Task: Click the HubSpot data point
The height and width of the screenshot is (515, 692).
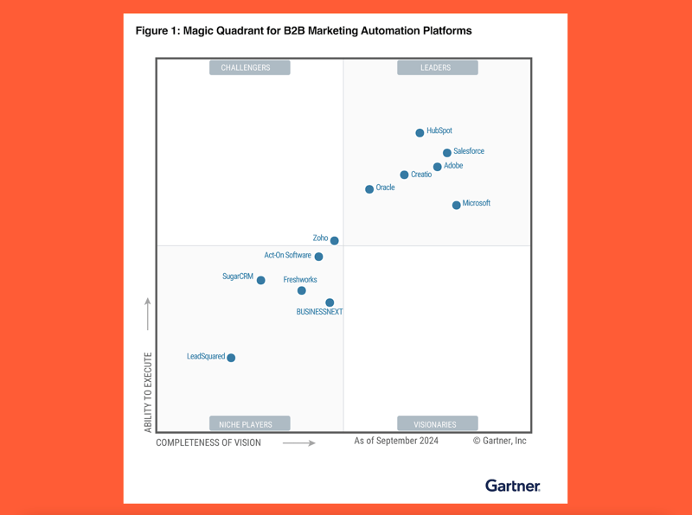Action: point(420,133)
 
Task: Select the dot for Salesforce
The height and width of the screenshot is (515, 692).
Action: point(447,153)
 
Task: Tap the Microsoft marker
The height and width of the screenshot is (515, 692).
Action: point(457,206)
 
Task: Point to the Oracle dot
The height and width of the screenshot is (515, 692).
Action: point(369,189)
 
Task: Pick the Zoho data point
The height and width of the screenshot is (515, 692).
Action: point(335,241)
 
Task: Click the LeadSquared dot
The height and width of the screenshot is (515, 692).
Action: point(231,358)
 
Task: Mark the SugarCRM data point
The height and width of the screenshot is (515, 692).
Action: point(260,280)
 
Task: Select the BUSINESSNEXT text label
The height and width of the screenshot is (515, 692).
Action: point(319,312)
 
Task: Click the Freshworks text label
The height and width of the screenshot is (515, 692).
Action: point(300,280)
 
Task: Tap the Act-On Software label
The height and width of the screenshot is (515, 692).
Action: point(287,256)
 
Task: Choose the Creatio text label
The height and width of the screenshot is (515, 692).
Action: point(421,175)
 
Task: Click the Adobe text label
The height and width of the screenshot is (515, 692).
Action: point(453,166)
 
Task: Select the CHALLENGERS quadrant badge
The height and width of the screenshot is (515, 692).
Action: point(246,67)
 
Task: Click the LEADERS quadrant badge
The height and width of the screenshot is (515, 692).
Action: point(436,67)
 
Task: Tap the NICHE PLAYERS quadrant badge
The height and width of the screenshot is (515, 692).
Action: point(246,424)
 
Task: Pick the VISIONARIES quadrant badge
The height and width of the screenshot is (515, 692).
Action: point(436,424)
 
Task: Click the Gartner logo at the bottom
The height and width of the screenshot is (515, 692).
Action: point(512,486)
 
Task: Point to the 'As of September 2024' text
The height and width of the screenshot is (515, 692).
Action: point(396,441)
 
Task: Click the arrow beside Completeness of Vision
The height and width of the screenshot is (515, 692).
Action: point(299,443)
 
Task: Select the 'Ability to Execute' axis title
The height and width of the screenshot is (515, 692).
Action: point(148,392)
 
